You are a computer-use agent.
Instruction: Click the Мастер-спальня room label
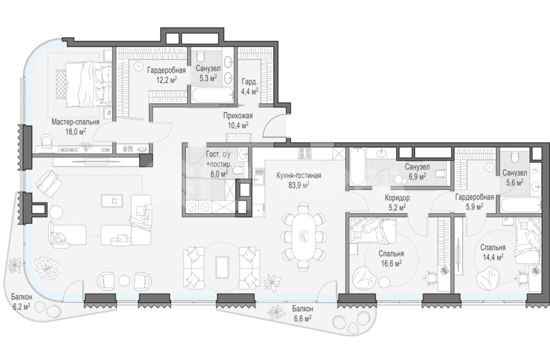tap(75, 122)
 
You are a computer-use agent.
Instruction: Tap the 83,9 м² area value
tap(299, 185)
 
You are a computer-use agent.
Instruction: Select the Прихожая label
tap(238, 116)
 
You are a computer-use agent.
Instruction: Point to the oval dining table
tap(303, 236)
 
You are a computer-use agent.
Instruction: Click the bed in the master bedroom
tap(84, 84)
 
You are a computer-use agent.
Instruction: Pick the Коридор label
tap(397, 198)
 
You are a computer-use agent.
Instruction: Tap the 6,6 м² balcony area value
tap(302, 318)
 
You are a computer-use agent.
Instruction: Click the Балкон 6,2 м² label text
tap(21, 301)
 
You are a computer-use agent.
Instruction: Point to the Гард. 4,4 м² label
tap(249, 87)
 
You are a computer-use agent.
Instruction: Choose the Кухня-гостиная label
tap(299, 175)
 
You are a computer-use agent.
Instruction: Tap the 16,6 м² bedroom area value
tap(391, 263)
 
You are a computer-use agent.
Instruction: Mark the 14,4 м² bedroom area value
tap(493, 257)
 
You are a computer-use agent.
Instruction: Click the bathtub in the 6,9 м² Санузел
tap(356, 168)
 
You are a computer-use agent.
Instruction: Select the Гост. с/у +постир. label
tap(219, 164)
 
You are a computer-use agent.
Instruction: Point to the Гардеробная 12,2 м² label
tap(166, 75)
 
